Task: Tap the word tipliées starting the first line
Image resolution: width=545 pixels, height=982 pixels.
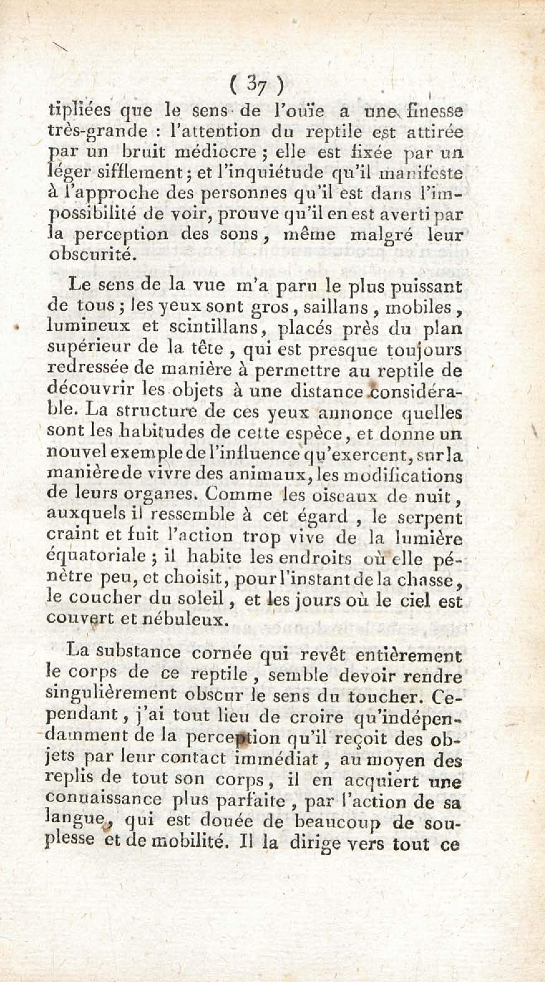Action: [x=80, y=111]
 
